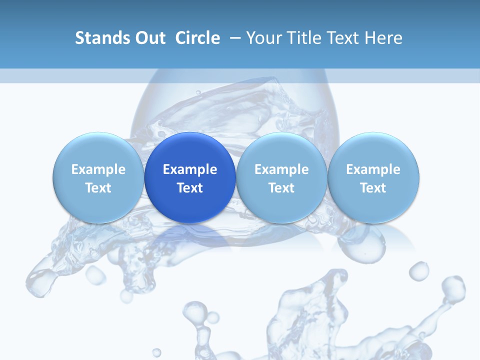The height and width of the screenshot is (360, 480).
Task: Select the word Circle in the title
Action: pyautogui.click(x=197, y=38)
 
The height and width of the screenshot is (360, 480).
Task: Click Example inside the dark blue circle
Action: pyautogui.click(x=190, y=169)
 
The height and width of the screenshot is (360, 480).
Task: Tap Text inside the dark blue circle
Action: pyautogui.click(x=190, y=188)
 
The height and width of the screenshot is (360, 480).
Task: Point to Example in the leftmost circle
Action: pyautogui.click(x=98, y=169)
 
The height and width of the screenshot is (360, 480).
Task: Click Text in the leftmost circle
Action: pyautogui.click(x=98, y=188)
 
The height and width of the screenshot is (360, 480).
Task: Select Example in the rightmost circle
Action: pyautogui.click(x=373, y=169)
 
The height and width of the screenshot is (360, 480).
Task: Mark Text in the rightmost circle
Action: pyautogui.click(x=373, y=188)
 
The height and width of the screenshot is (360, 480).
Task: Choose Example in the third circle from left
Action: pyautogui.click(x=281, y=169)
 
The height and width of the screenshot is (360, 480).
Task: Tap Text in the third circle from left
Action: pyautogui.click(x=281, y=188)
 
